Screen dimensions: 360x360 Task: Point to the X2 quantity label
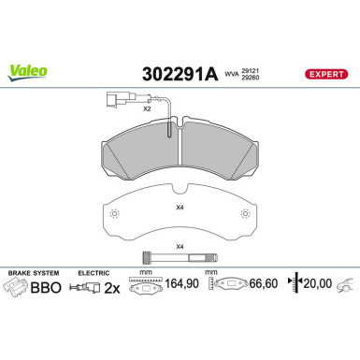[x=147, y=108]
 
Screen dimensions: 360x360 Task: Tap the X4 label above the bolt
[x=180, y=245]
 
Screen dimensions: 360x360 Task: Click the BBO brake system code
[x=47, y=289]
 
